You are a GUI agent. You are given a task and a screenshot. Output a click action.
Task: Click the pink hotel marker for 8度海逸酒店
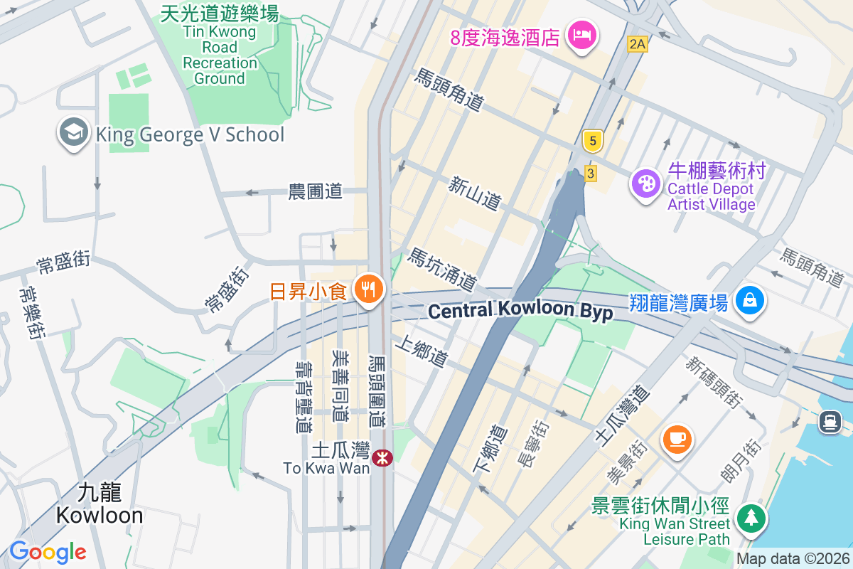[582, 34]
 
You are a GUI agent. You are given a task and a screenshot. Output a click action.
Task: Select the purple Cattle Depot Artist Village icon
[646, 184]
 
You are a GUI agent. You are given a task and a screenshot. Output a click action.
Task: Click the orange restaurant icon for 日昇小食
[368, 289]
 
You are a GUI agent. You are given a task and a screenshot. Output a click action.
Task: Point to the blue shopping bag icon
[749, 301]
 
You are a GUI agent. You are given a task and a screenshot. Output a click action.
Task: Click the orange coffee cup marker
[677, 437]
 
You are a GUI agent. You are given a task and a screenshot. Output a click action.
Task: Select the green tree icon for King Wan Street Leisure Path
[749, 516]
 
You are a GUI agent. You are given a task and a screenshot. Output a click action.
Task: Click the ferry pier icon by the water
[830, 422]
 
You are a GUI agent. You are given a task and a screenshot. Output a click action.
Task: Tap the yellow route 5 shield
[592, 140]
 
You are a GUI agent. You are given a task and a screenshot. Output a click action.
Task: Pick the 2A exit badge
[638, 44]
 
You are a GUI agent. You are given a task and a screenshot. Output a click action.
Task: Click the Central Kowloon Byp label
[520, 311]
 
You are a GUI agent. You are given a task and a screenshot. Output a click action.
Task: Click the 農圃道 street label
[315, 191]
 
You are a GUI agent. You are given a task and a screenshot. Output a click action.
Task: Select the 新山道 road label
[474, 193]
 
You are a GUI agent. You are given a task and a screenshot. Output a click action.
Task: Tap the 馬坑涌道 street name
[441, 269]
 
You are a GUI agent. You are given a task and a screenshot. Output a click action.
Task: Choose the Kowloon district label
[100, 504]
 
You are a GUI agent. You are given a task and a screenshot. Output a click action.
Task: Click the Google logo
[48, 552]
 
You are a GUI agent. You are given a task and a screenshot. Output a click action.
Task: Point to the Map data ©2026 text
[793, 558]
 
